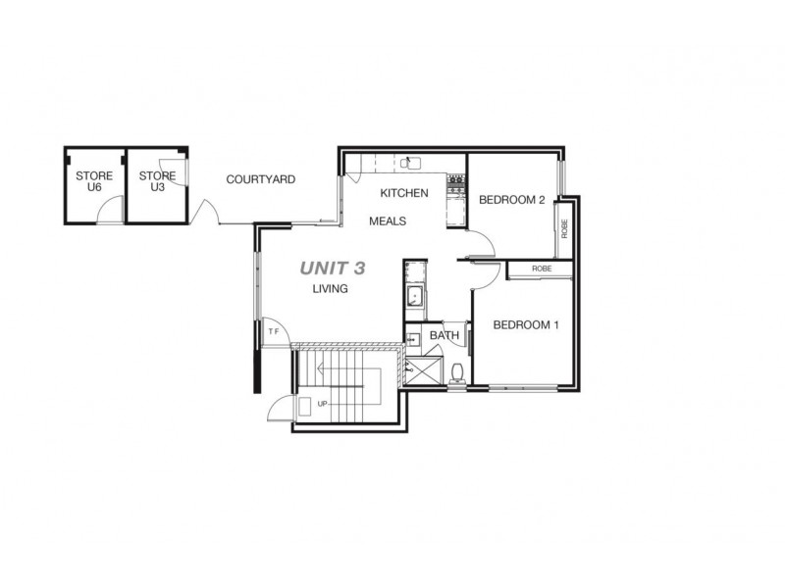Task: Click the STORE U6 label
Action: pyautogui.click(x=94, y=181)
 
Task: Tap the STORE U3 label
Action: pyautogui.click(x=157, y=181)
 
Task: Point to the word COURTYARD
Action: pyautogui.click(x=260, y=179)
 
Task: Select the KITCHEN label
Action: pyautogui.click(x=404, y=193)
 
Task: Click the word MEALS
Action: pyautogui.click(x=388, y=221)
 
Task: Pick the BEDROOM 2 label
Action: pyautogui.click(x=511, y=200)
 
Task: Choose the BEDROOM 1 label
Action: pyautogui.click(x=525, y=325)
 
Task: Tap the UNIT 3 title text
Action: pyautogui.click(x=333, y=267)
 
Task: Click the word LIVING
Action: pyautogui.click(x=331, y=289)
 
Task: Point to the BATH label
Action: pyautogui.click(x=445, y=335)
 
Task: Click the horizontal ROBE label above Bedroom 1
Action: pyautogui.click(x=541, y=269)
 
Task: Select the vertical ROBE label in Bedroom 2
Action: pyautogui.click(x=564, y=228)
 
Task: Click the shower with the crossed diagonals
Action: pyautogui.click(x=426, y=370)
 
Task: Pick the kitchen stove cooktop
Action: pyautogui.click(x=455, y=181)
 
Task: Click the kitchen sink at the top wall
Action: pyautogui.click(x=413, y=163)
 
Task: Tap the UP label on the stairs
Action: pyautogui.click(x=321, y=404)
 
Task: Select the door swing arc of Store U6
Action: pyautogui.click(x=114, y=209)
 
